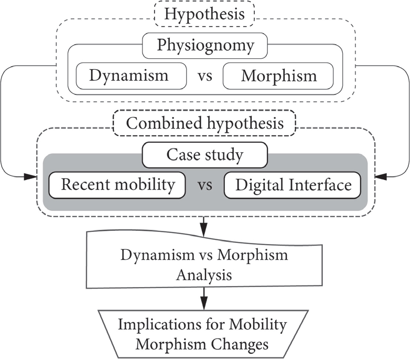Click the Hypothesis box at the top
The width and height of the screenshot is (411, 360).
pos(204,14)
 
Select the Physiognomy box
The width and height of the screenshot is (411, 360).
pos(205,46)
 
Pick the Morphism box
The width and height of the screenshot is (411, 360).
pos(278,76)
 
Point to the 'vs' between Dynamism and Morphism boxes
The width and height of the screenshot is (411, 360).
pos(205,76)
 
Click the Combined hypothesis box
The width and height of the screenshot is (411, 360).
pos(205,123)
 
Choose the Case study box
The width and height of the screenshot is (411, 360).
pos(204,155)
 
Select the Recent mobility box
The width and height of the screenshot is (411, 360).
pos(117,185)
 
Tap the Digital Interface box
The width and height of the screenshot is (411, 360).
pos(293,185)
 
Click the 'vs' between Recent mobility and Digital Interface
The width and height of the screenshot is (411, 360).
pos(205,186)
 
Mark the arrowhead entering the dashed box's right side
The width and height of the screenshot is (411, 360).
pos(380,177)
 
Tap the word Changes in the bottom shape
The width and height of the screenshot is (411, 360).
pos(240,345)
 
